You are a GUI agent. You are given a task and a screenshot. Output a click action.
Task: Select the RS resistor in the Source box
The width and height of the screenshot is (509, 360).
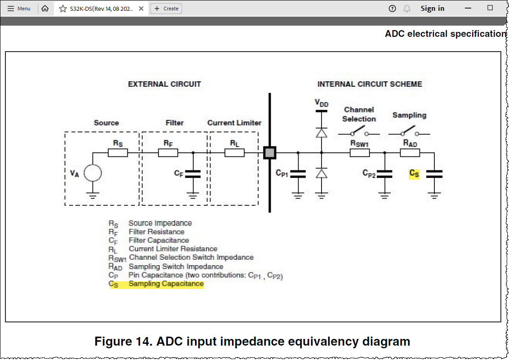click(118, 153)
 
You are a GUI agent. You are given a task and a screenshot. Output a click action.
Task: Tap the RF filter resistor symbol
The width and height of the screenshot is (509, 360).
click(168, 153)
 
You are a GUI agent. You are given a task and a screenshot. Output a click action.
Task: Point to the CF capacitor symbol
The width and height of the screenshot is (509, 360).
click(193, 173)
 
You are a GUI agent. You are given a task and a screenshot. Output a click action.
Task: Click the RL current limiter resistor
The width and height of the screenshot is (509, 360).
click(234, 153)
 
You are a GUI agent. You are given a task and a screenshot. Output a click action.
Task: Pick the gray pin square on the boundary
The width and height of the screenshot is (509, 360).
click(270, 153)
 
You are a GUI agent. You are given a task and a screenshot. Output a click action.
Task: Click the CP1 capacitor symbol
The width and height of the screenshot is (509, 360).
click(298, 173)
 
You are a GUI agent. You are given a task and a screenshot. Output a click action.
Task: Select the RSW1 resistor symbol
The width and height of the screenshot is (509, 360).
click(360, 153)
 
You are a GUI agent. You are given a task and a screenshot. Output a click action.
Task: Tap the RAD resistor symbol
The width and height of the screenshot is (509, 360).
click(410, 153)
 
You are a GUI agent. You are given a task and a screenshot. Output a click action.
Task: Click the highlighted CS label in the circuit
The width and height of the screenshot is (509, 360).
click(414, 173)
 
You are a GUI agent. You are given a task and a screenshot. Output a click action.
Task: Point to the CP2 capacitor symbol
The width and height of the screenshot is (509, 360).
click(384, 173)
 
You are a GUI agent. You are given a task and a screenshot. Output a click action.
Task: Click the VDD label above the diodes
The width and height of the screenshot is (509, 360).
click(321, 103)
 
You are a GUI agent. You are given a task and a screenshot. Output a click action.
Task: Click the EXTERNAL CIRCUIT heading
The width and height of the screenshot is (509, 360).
click(165, 84)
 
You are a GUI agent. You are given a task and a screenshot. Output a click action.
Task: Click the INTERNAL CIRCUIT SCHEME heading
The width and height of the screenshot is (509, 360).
click(370, 84)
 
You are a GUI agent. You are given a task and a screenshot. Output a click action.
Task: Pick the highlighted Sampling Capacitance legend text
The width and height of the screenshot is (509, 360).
click(166, 284)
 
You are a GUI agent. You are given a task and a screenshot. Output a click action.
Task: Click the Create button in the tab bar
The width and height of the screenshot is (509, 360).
click(166, 9)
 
